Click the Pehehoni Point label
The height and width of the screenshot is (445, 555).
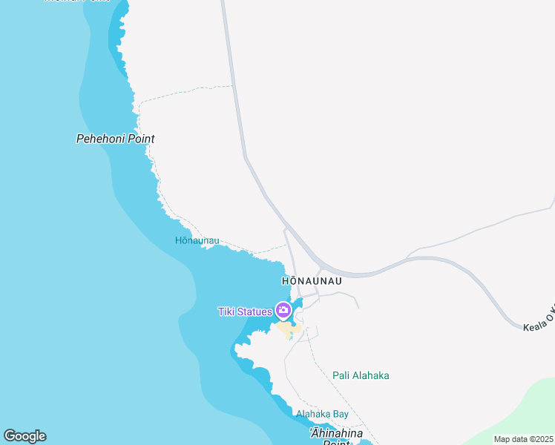pyautogui.click(x=115, y=139)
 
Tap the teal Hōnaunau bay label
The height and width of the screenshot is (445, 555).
pyautogui.click(x=197, y=241)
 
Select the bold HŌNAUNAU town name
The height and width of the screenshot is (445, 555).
pyautogui.click(x=312, y=282)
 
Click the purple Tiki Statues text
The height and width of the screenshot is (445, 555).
pyautogui.click(x=245, y=311)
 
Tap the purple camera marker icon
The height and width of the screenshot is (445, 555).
pyautogui.click(x=283, y=310)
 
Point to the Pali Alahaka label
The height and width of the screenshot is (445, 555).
pyautogui.click(x=361, y=375)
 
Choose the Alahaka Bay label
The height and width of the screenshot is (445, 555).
pyautogui.click(x=322, y=414)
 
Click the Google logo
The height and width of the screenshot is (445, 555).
pyautogui.click(x=24, y=436)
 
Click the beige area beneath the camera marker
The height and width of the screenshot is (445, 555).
pyautogui.click(x=283, y=329)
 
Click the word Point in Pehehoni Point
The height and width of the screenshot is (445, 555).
pyautogui.click(x=140, y=139)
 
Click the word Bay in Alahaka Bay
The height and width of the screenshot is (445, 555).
pyautogui.click(x=340, y=414)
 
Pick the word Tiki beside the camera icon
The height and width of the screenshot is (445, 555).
pyautogui.click(x=226, y=311)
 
